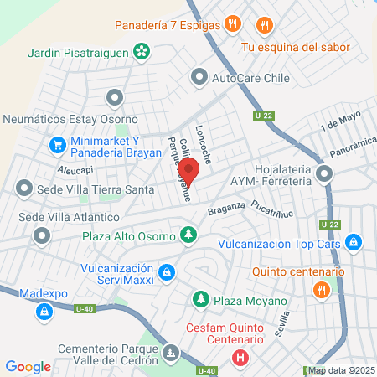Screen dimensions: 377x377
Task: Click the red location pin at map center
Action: [189, 171]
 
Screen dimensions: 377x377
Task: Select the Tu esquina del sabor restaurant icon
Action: [265, 25]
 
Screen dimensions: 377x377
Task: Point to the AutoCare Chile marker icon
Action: [199, 79]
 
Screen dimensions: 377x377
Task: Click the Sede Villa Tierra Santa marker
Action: [24, 188]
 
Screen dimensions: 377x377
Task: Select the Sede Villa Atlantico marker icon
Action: [41, 238]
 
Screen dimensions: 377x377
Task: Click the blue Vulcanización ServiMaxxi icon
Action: [168, 271]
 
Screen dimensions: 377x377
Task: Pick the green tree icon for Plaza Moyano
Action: [200, 299]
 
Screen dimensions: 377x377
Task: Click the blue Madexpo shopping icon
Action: [43, 312]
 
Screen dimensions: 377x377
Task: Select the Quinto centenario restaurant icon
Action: [320, 290]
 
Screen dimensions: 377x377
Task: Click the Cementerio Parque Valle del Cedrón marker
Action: [172, 351]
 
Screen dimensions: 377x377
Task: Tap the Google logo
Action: [28, 366]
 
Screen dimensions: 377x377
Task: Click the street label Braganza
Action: [226, 208]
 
